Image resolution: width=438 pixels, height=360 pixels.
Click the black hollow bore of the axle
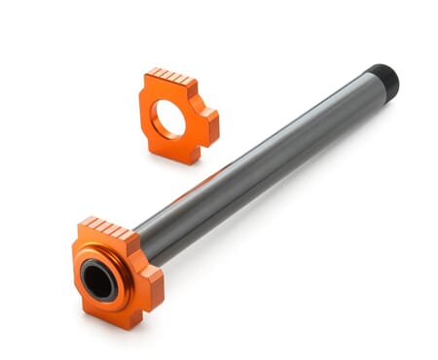[98, 281]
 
